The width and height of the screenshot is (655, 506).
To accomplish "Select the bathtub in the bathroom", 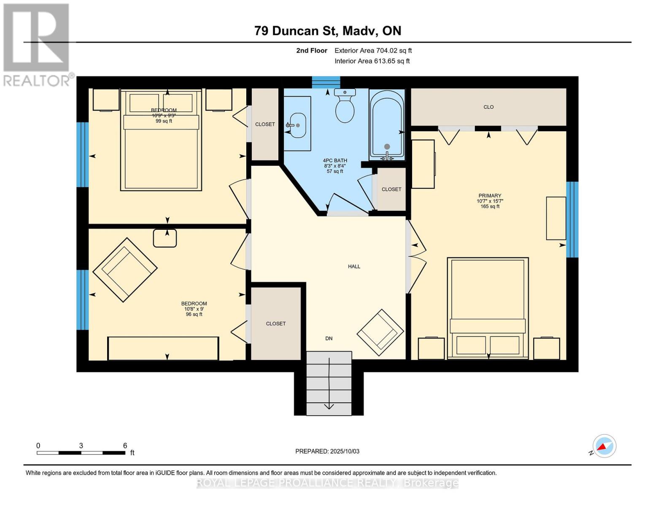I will tap(387, 124).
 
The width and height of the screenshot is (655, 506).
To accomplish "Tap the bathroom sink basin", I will tap(298, 125).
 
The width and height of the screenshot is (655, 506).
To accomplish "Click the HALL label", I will tap(354, 266).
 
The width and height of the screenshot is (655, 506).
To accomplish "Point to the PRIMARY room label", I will tap(490, 196).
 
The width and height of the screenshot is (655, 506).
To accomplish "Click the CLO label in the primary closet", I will tap(488, 107).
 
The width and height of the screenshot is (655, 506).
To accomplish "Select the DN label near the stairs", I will tap(329, 338).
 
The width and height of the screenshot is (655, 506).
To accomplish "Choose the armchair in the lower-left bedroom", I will tap(125, 270).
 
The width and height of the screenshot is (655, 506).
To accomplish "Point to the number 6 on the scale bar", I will tap(125, 445).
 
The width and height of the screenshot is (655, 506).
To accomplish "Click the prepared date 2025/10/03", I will tap(345, 451).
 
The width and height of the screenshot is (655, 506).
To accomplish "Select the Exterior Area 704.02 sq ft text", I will tap(373, 51).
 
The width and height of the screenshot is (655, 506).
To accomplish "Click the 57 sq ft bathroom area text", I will tap(335, 172).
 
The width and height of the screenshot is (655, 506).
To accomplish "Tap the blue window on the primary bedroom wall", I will tap(572, 219).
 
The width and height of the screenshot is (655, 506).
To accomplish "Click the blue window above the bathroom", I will tap(326, 82).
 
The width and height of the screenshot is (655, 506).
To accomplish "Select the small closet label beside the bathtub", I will tap(391, 189).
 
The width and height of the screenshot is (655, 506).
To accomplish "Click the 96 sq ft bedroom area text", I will tap(194, 314).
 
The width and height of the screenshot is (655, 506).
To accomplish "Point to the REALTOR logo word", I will tap(36, 80).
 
